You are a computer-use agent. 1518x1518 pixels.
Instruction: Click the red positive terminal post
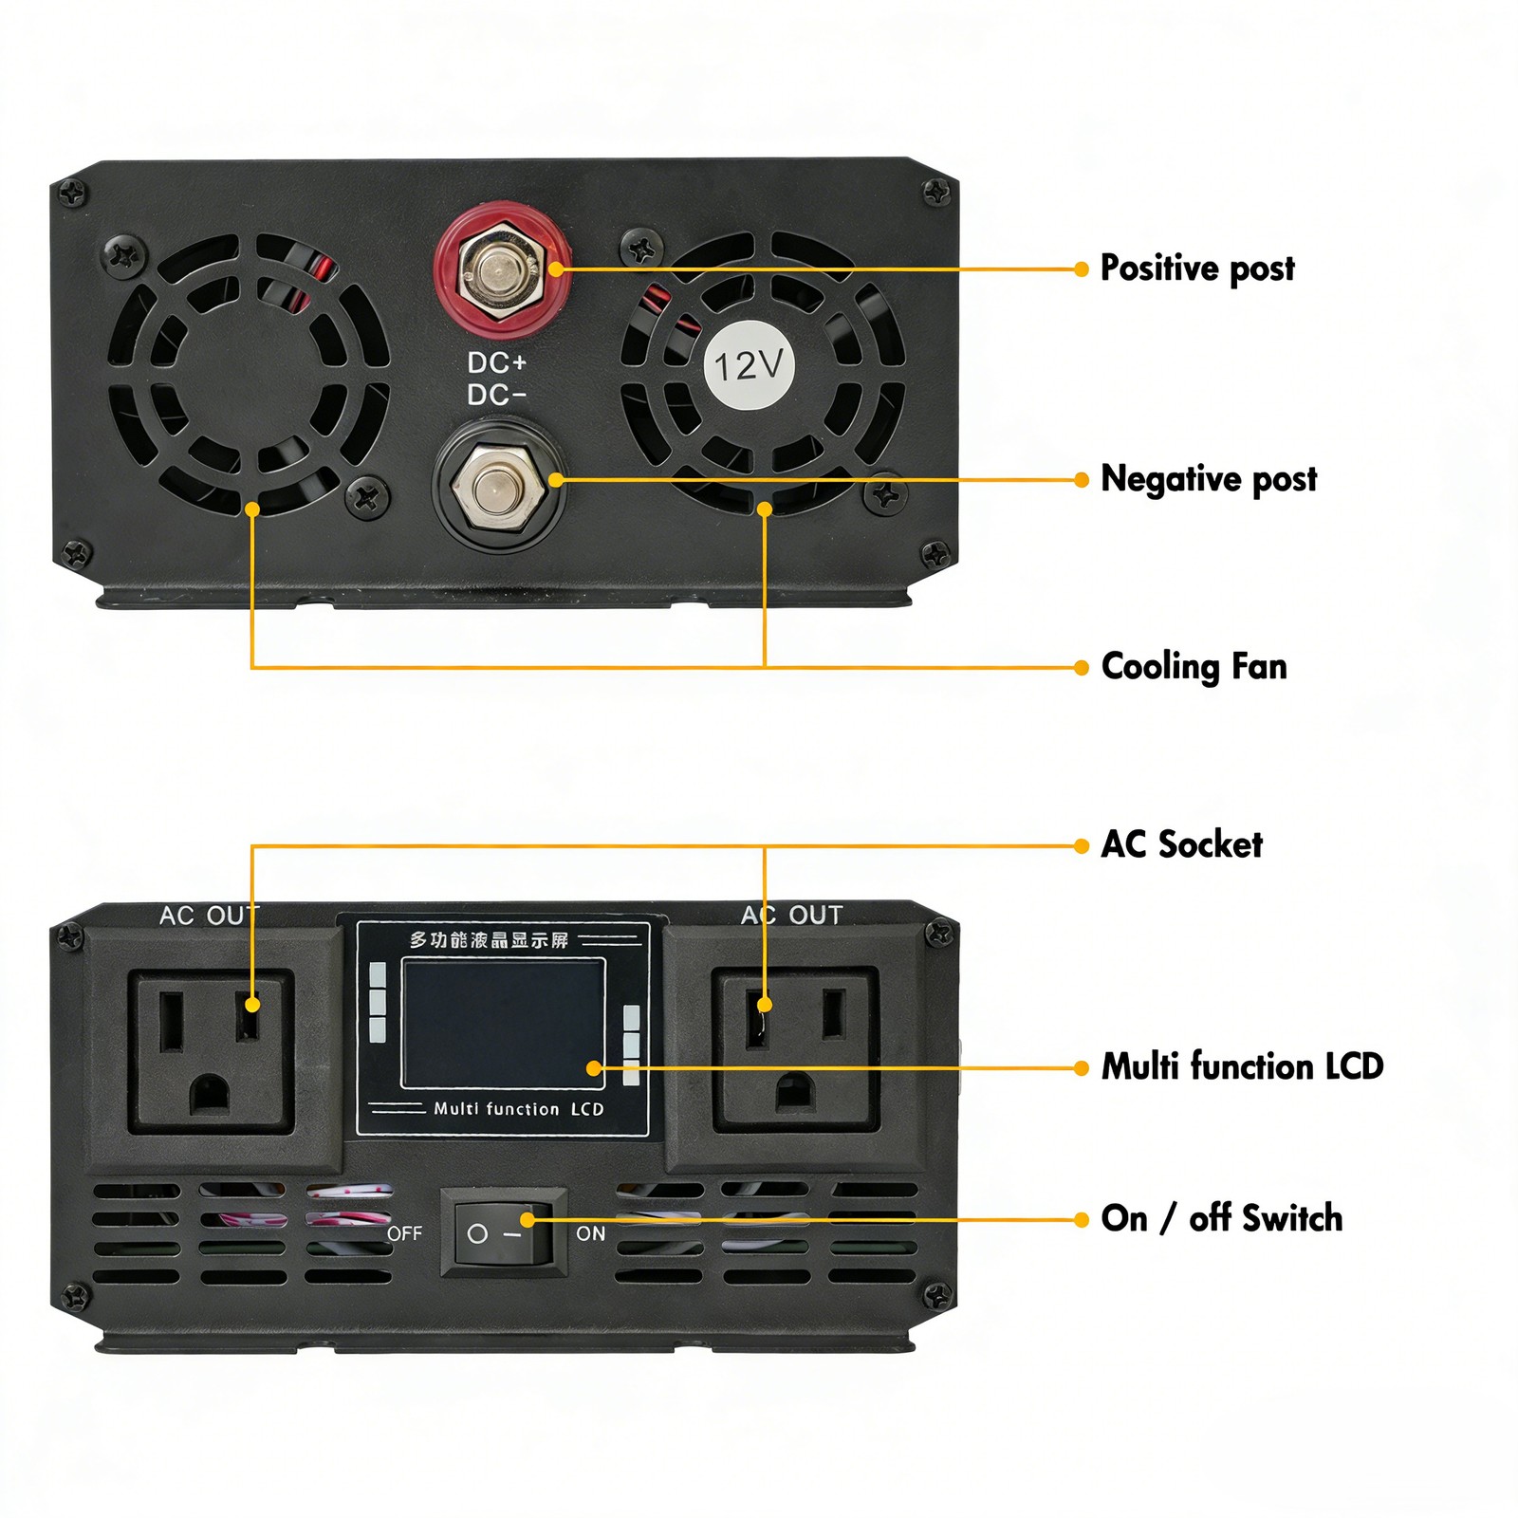click(502, 270)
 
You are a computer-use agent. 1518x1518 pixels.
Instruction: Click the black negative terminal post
click(499, 486)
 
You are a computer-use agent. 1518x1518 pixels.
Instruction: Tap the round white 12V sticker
click(750, 365)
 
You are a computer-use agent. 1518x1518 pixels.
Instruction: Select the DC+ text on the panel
click(496, 362)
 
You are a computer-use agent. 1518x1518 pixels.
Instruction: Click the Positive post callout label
click(1196, 268)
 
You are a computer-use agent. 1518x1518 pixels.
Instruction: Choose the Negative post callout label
click(1208, 479)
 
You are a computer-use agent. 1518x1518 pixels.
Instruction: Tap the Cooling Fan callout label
click(1194, 667)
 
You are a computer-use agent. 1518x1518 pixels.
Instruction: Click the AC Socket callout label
click(1181, 844)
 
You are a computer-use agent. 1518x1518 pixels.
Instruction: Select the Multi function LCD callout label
click(1242, 1066)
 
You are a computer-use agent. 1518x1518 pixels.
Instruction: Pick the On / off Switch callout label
click(1221, 1218)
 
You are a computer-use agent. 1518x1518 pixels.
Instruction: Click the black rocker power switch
click(503, 1232)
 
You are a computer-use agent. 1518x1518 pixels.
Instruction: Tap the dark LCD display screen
click(503, 1023)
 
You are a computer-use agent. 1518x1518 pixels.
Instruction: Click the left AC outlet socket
click(211, 1051)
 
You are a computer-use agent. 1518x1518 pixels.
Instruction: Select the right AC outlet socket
click(795, 1051)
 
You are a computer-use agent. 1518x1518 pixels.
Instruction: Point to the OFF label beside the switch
click(404, 1233)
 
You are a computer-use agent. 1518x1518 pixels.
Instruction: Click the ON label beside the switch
click(590, 1233)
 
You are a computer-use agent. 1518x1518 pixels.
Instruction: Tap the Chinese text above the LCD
click(489, 940)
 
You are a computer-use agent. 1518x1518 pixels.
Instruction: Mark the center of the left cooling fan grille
click(249, 375)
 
